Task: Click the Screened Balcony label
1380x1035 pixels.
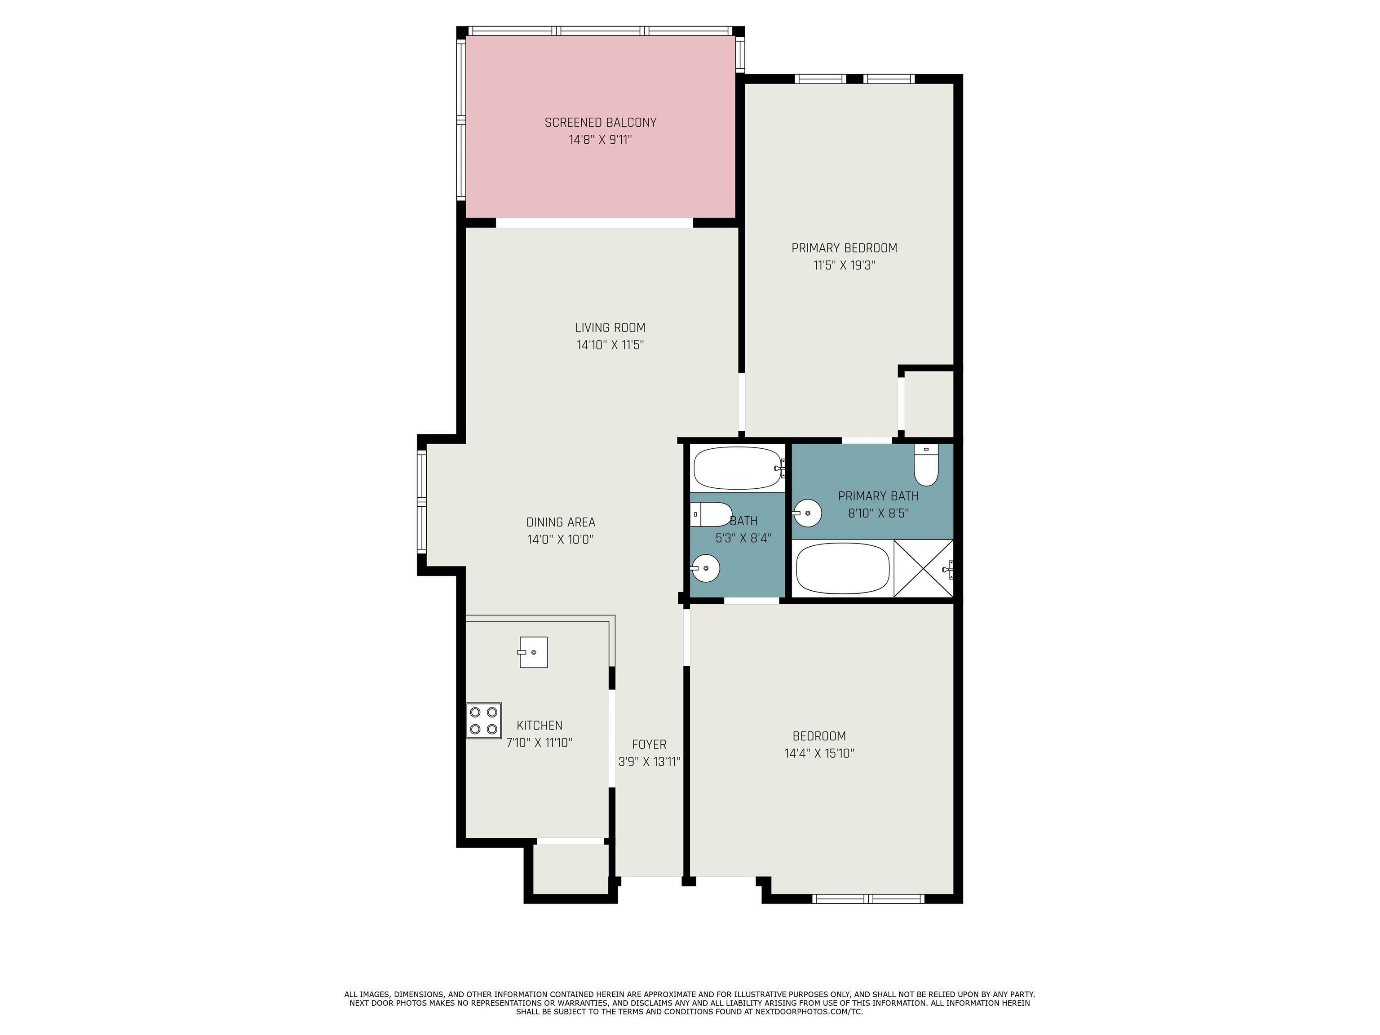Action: [600, 122]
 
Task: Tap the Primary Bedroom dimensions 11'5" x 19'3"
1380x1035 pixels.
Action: [844, 265]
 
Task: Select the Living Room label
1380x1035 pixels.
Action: [610, 327]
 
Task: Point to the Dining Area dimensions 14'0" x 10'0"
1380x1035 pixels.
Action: [560, 540]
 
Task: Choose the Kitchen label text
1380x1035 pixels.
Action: [540, 725]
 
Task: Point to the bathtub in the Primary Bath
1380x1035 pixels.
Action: [842, 568]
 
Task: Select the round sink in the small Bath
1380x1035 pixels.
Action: [706, 568]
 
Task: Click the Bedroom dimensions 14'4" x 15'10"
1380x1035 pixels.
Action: [819, 753]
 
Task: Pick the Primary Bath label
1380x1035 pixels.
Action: [878, 496]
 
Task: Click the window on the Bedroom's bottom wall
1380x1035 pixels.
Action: [868, 898]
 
